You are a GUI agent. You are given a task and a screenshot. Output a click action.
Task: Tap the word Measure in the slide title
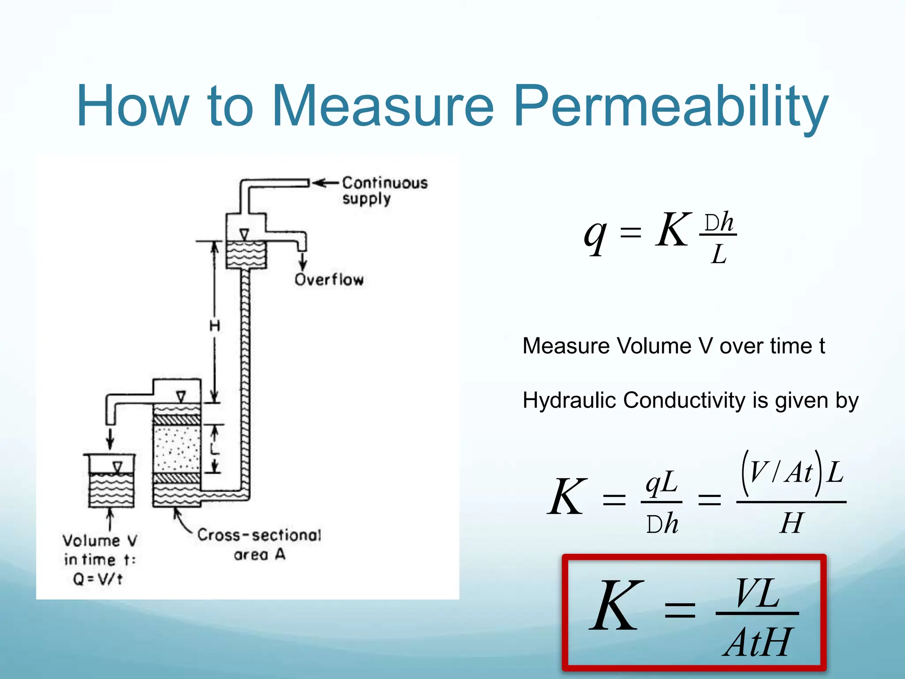pyautogui.click(x=382, y=106)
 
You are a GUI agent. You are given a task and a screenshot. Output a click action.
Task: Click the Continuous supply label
pyautogui.click(x=384, y=191)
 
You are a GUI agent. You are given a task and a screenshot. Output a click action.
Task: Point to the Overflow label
pyautogui.click(x=329, y=279)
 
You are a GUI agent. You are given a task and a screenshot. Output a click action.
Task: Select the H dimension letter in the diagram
pyautogui.click(x=215, y=326)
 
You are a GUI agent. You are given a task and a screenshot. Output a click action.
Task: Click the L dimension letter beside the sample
pyautogui.click(x=215, y=449)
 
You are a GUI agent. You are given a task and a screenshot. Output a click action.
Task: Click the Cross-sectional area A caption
pyautogui.click(x=259, y=544)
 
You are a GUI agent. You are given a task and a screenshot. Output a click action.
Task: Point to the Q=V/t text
pyautogui.click(x=98, y=579)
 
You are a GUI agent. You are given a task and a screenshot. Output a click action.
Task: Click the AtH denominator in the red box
pyautogui.click(x=757, y=642)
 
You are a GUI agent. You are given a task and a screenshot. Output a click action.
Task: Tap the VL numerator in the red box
pyautogui.click(x=757, y=594)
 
